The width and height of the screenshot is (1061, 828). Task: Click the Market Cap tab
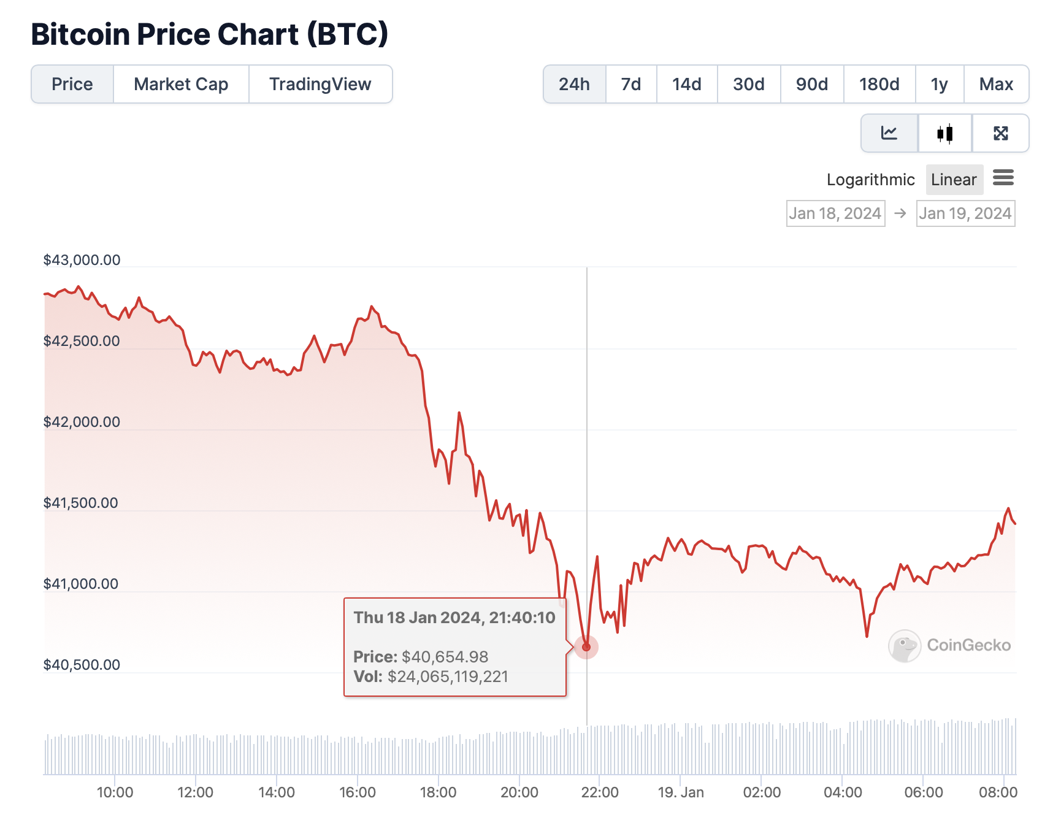coord(181,84)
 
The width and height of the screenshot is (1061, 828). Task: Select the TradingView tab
coord(320,84)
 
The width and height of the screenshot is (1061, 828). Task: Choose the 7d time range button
coord(630,84)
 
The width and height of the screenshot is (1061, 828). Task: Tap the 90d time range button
coord(811,84)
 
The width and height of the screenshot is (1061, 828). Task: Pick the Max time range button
coord(996,84)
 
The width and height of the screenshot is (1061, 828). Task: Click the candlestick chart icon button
coord(944,133)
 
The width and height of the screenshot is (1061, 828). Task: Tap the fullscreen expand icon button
coord(1000,133)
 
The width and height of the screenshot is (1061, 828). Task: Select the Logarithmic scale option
coord(870,180)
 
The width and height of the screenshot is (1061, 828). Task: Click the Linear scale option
coord(954,180)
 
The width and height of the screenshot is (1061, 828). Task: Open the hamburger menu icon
coord(1003,178)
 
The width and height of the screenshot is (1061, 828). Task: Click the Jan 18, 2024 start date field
coord(835,213)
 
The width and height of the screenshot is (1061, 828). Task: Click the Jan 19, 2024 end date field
coord(965,213)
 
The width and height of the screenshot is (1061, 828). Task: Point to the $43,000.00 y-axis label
coord(82,260)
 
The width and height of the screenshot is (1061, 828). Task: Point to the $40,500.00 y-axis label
coord(82,665)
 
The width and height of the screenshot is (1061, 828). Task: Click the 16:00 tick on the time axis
coord(358,792)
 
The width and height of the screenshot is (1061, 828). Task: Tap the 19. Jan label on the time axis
coord(681,792)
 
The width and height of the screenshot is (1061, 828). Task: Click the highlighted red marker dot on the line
coord(586,647)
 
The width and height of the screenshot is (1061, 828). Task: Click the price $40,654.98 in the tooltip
coord(445,657)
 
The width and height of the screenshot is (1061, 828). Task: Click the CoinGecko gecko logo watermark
coord(905,646)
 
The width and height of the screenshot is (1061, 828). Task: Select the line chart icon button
coord(889,133)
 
